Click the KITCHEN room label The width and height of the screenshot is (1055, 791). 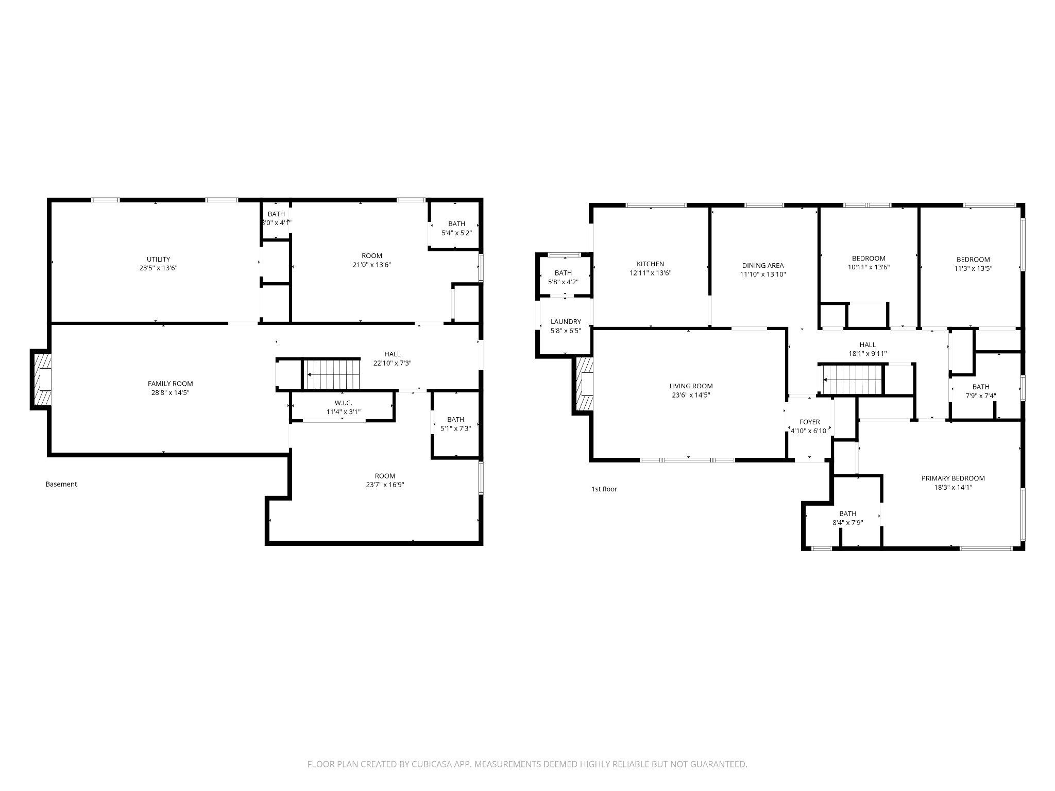coord(650,264)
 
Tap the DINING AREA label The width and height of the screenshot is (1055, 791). coord(762,266)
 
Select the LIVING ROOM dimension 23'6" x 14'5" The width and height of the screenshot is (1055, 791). coord(691,395)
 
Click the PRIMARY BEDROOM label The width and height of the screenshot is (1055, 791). coord(952,478)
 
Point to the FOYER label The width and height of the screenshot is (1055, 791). coord(809,422)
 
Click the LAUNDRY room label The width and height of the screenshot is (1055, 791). coord(565,321)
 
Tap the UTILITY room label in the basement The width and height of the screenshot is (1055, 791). coord(158,259)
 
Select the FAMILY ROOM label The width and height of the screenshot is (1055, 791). coord(170,384)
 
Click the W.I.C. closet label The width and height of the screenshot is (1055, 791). coord(343,403)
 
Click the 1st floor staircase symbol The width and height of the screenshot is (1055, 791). coord(852,380)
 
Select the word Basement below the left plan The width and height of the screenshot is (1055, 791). coord(61,484)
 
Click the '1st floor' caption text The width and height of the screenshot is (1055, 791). coord(604,489)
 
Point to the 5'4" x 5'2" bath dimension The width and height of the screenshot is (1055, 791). coord(456,233)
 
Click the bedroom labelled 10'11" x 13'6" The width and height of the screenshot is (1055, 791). coord(869,263)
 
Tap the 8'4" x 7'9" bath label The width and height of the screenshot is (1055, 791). coord(847,518)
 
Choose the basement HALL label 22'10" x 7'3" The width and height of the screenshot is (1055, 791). coord(392,358)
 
